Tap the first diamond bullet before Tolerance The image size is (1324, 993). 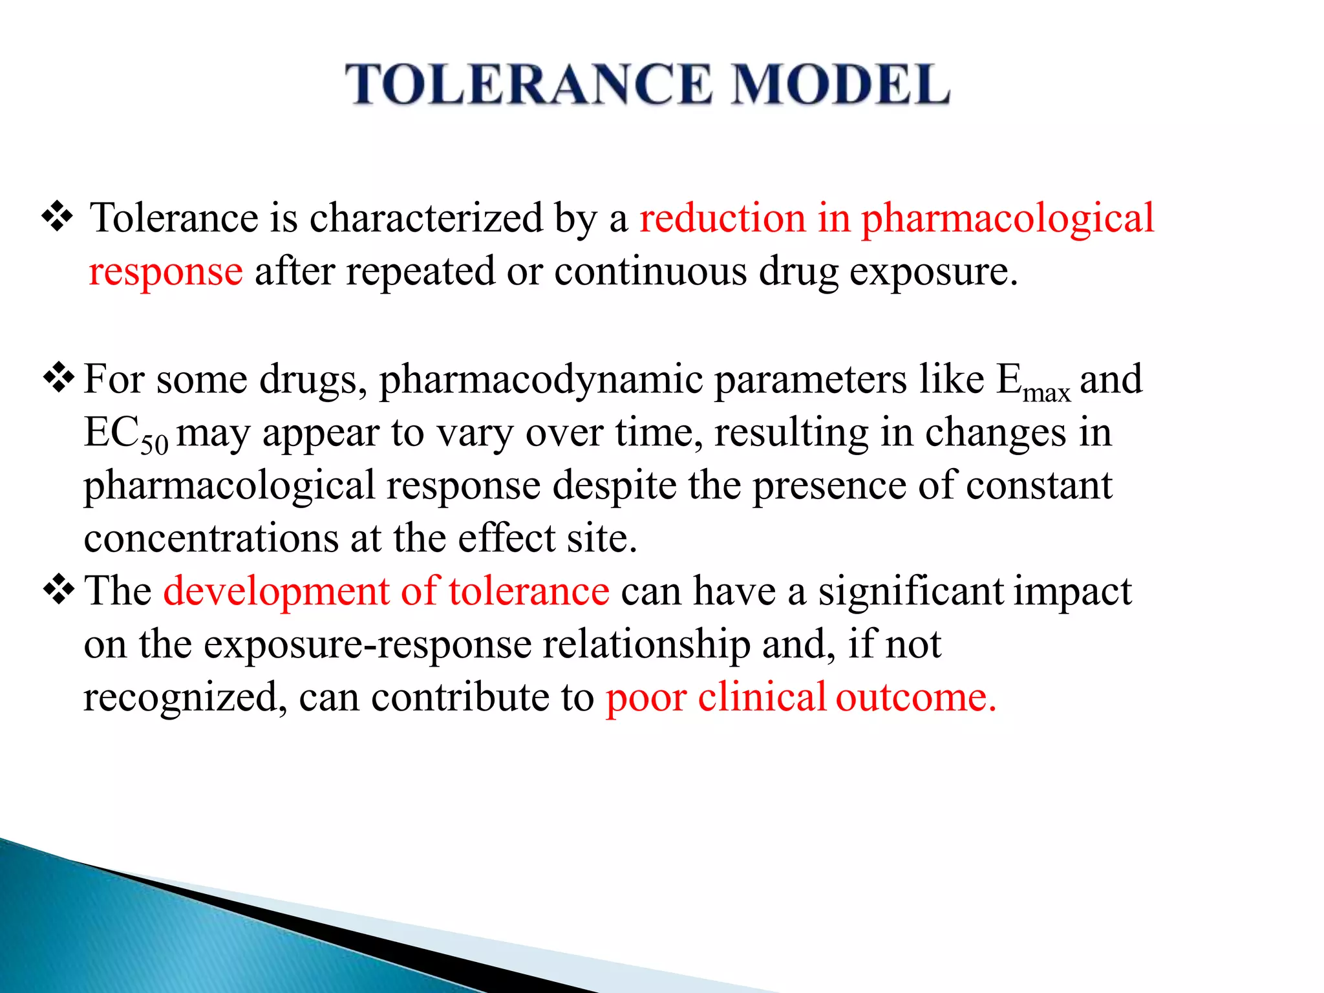[x=58, y=217]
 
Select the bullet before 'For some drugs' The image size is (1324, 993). [x=59, y=378]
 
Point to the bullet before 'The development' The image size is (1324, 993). [x=59, y=590]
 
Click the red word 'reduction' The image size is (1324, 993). [x=722, y=217]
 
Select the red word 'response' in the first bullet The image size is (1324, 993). [x=165, y=272]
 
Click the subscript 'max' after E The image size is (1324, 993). [x=1046, y=392]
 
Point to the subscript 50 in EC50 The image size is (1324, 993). [x=154, y=445]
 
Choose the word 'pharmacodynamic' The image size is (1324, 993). [x=540, y=380]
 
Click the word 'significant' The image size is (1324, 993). [x=911, y=591]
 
